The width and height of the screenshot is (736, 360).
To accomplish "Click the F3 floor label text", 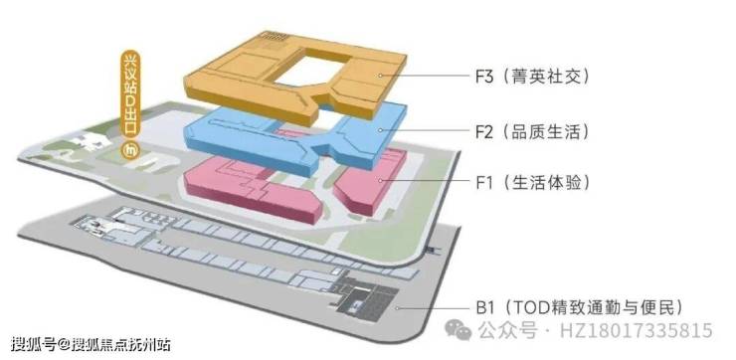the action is (x=531, y=77).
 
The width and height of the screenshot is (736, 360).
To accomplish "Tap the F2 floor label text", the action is (x=531, y=132).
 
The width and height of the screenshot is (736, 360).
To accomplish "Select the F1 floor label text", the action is (x=531, y=183).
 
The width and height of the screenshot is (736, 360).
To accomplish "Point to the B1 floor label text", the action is (x=578, y=308).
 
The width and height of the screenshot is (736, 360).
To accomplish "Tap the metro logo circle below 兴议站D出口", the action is (x=128, y=151).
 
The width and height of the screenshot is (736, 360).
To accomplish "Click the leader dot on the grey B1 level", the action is (x=398, y=308).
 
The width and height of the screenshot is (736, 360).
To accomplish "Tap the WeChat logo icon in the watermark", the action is (x=459, y=329).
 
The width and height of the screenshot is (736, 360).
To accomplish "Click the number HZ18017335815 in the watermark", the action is (x=636, y=331).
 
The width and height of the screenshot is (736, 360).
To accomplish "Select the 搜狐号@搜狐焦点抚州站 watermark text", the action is (x=91, y=344).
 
